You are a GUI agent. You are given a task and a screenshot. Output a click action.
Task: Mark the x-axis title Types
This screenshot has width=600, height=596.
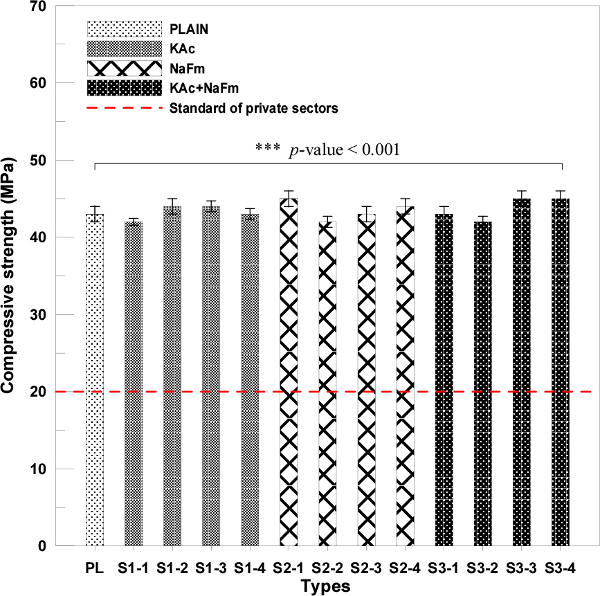click(325, 586)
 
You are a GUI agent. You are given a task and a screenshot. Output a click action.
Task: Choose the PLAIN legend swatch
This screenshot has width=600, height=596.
click(124, 29)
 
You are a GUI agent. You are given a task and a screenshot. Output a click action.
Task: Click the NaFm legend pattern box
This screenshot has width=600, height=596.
click(124, 69)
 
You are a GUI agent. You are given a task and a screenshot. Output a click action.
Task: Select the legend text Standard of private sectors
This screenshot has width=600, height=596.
click(253, 108)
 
